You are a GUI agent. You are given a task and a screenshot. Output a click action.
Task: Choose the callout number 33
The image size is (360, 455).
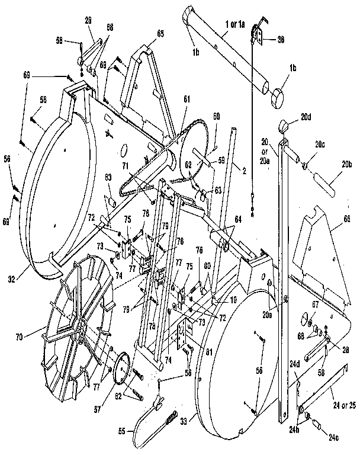pos(184,421)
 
